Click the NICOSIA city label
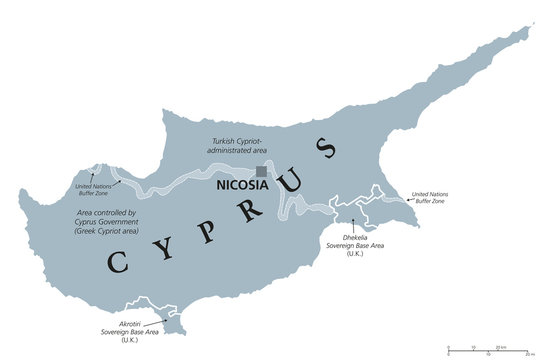click(x=240, y=185)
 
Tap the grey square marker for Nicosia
click(x=262, y=171)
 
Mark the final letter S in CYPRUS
click(x=325, y=150)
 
